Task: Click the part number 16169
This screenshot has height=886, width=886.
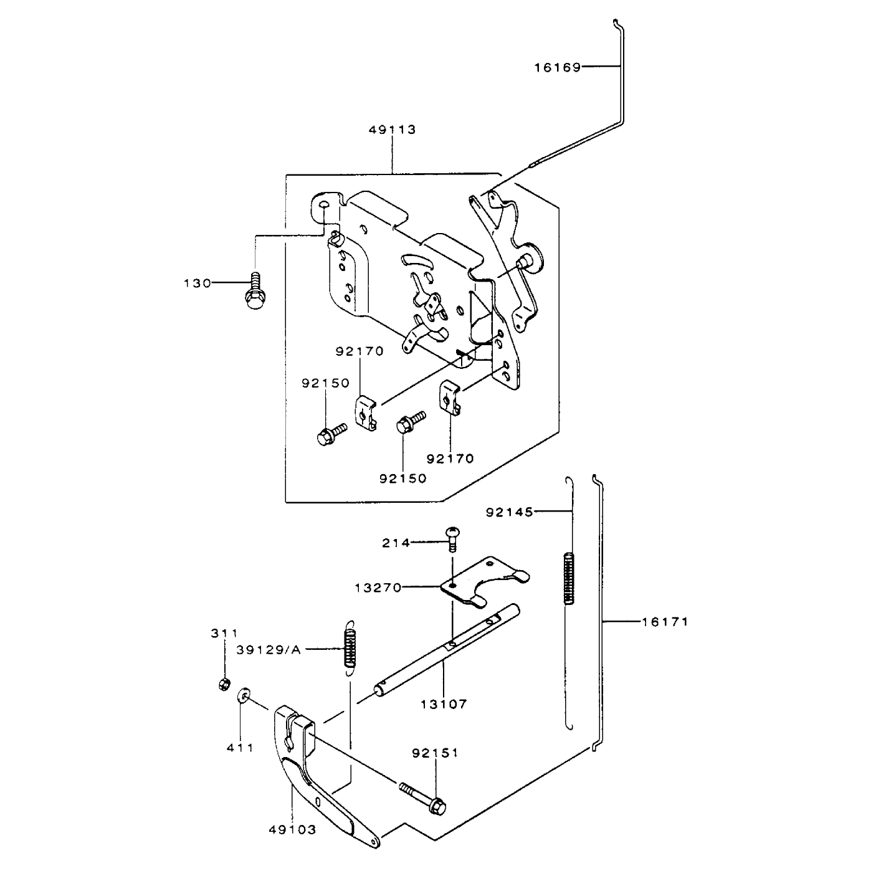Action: coord(557,67)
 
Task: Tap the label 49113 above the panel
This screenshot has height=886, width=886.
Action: coord(392,130)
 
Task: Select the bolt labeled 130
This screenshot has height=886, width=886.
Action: coord(254,290)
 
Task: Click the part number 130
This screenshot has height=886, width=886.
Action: coord(198,283)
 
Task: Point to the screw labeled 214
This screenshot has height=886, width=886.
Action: coord(452,539)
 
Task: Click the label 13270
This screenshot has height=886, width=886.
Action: coord(378,588)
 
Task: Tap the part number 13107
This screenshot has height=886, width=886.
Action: coord(444,704)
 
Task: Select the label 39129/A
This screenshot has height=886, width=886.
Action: coord(269,650)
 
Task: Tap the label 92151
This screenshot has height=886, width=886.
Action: coord(436,753)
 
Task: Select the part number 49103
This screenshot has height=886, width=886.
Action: coord(292,843)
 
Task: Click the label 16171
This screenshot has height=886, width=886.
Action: coord(665,622)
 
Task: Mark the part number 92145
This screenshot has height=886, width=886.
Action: coord(510,512)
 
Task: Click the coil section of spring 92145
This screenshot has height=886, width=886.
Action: coord(569,578)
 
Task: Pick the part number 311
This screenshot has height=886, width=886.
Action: coord(224,634)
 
